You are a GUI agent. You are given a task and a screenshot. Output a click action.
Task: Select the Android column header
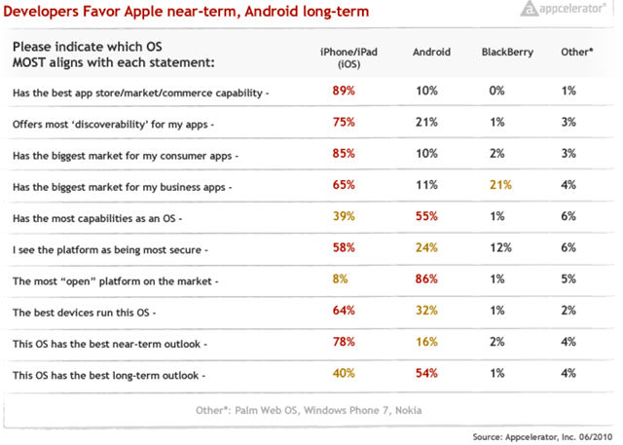(432, 52)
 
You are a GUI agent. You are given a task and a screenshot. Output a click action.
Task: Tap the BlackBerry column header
(506, 52)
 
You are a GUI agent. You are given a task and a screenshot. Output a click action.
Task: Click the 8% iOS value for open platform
(342, 280)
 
